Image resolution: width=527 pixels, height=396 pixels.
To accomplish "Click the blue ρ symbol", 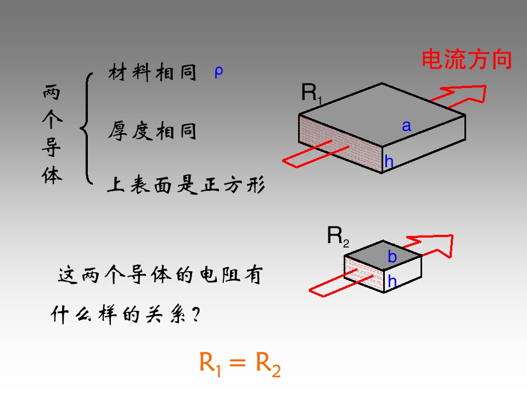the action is (218, 72).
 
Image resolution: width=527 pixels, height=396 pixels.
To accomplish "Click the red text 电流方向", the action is (467, 59).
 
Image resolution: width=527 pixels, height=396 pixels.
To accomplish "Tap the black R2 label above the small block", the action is (338, 237).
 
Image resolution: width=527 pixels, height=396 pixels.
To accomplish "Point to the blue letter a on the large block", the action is (407, 126).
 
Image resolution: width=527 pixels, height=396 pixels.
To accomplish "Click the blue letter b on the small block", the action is (392, 257).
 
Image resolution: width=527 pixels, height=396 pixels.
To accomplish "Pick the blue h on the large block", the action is (389, 161).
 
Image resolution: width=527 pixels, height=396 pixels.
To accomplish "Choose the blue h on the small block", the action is (392, 281).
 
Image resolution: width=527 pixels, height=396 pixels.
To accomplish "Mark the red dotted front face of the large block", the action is (340, 144).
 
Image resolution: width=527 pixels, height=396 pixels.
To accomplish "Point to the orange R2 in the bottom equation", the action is (268, 365).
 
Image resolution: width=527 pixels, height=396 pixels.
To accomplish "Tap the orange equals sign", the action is (238, 362).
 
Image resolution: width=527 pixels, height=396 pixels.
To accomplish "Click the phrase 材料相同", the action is (153, 72).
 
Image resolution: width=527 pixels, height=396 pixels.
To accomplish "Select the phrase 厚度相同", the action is (153, 131).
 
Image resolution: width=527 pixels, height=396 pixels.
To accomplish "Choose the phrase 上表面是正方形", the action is (186, 185).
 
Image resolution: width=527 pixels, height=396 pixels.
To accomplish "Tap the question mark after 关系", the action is (197, 315).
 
